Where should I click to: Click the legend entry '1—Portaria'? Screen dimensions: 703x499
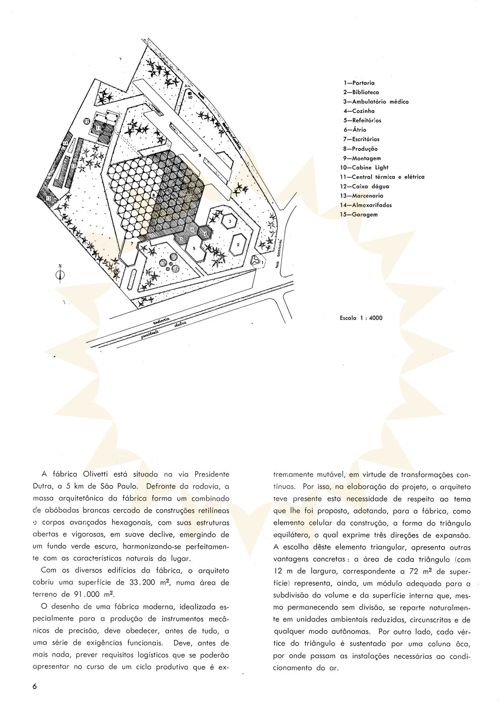(x=359, y=83)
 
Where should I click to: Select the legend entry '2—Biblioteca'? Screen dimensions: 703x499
(x=361, y=92)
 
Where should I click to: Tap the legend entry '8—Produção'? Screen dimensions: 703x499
(x=360, y=149)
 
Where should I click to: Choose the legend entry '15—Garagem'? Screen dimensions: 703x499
(x=359, y=214)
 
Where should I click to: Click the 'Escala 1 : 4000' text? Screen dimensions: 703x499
(x=361, y=318)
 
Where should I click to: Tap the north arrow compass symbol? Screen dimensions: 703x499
(x=60, y=274)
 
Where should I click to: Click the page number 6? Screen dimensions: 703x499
(x=35, y=687)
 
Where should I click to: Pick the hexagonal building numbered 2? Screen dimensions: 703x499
(x=238, y=244)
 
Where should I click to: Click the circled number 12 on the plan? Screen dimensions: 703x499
(x=87, y=121)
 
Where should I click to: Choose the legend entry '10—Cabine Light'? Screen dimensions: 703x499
(x=364, y=167)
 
